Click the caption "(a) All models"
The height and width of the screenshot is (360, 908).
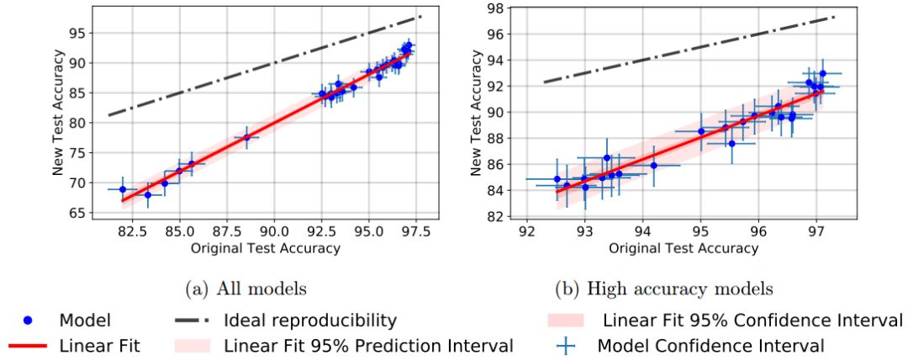(x=245, y=289)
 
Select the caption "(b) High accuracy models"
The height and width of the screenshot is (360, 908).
(x=663, y=289)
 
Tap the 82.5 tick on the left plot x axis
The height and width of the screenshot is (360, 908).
(x=124, y=230)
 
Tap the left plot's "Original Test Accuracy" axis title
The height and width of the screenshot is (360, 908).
(x=266, y=248)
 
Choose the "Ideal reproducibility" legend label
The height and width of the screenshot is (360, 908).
(x=309, y=320)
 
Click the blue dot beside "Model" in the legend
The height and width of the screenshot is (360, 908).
(x=27, y=320)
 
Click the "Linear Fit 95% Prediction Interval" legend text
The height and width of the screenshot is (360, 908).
(x=368, y=346)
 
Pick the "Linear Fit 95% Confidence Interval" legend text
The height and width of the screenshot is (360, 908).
(x=752, y=320)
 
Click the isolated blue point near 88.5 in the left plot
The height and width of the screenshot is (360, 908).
(x=246, y=137)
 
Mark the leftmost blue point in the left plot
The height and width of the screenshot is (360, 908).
(x=123, y=189)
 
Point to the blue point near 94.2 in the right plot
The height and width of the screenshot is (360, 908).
(x=653, y=166)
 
